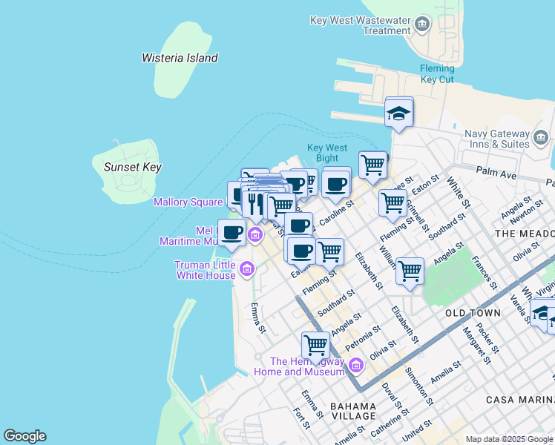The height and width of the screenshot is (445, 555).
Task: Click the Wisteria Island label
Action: click(x=180, y=58)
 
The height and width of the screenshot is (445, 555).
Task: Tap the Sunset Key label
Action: click(x=133, y=168)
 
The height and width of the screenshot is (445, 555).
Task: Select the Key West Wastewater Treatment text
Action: click(x=361, y=25)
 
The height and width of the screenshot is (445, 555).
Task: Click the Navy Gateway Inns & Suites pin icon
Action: click(x=541, y=137)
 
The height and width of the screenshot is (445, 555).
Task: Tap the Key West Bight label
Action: click(x=326, y=153)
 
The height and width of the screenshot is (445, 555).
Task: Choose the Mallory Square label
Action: click(x=188, y=202)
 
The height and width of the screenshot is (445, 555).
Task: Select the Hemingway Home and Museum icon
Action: click(x=355, y=366)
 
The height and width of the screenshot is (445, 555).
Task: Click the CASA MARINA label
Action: click(x=519, y=400)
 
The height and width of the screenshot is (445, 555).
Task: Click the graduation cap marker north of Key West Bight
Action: click(x=399, y=113)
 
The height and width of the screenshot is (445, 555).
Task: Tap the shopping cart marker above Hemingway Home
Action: click(x=315, y=345)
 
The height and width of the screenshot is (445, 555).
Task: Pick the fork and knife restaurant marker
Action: click(x=255, y=202)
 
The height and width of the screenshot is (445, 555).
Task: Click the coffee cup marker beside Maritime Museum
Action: click(x=231, y=232)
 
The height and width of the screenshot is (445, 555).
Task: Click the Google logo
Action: click(x=24, y=436)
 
